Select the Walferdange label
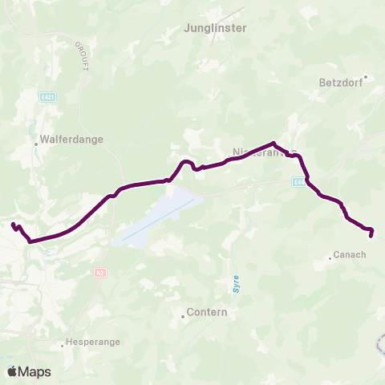coord(71,139)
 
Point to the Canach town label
coord(351,255)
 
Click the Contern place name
coord(208,312)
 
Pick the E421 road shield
coord(47,96)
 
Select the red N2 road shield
coord(100,273)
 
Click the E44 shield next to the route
coord(298,182)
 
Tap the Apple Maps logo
coord(30,371)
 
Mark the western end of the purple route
coord(13,225)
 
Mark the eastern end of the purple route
coord(371,235)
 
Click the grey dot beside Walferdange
coord(36,144)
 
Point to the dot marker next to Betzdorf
coord(365,78)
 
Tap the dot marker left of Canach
coord(330,258)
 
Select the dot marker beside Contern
coord(184,316)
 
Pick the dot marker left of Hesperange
coord(63,346)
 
